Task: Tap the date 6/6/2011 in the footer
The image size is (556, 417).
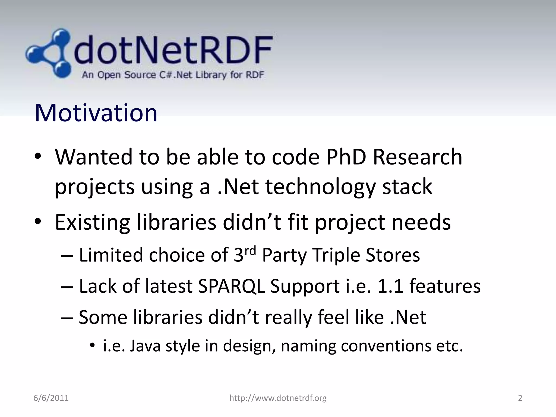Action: tap(51, 398)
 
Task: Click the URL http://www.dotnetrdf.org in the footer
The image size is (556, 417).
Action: tap(278, 398)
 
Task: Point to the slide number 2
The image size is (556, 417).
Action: tap(520, 398)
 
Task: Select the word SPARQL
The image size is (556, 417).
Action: tap(231, 286)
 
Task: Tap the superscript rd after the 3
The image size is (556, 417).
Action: tap(250, 251)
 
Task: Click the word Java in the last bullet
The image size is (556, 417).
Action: tap(145, 346)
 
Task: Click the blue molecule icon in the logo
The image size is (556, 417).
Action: tap(49, 53)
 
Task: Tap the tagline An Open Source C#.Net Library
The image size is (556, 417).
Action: tap(173, 75)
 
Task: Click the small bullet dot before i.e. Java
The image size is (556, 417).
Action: tap(93, 346)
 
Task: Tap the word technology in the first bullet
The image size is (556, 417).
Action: tap(320, 187)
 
